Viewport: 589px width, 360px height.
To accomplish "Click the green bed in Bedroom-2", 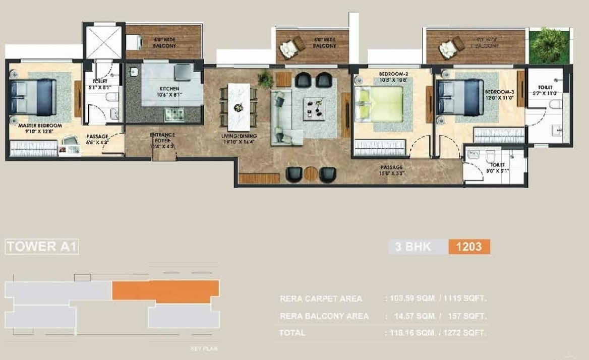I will (x=379, y=103).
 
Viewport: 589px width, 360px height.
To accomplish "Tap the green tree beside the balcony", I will (x=549, y=46).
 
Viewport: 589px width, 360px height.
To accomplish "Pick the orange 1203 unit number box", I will (x=468, y=247).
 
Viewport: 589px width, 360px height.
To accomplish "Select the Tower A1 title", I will (x=42, y=247).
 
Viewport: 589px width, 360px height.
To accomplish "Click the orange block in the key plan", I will (x=165, y=291).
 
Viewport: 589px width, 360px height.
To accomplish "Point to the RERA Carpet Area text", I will (x=321, y=298).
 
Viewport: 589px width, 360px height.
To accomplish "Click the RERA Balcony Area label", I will (x=324, y=316).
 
